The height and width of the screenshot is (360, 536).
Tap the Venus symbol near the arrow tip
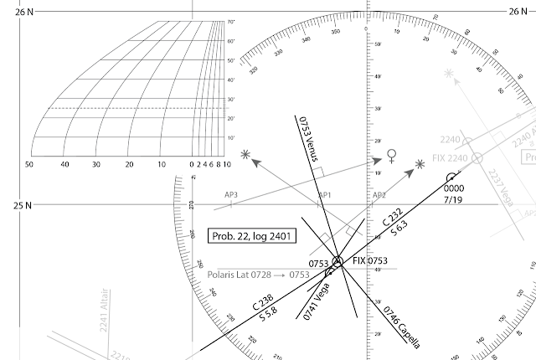tap(390, 155)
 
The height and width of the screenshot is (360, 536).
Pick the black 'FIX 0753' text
tap(369, 262)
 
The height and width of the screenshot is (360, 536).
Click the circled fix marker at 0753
tap(338, 262)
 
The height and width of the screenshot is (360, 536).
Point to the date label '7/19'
tap(453, 201)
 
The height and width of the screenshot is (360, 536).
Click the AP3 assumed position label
tap(231, 194)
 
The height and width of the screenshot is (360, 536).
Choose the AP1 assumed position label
tap(325, 194)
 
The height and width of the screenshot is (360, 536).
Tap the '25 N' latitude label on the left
tap(10, 205)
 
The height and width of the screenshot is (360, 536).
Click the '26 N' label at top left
tap(10, 11)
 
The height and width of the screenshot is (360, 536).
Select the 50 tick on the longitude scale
tap(28, 165)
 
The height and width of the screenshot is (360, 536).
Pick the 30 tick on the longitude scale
tap(96, 165)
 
